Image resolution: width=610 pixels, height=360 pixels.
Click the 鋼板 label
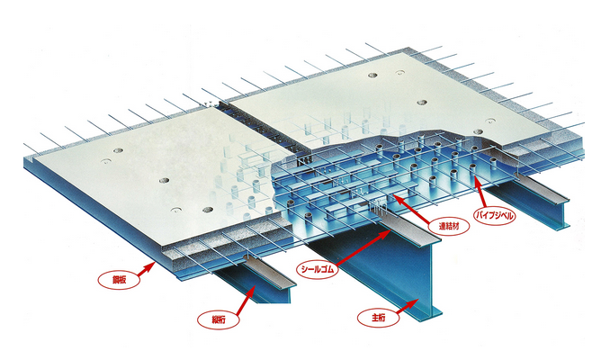pos(119,279)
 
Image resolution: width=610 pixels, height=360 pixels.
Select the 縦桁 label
pos(219,319)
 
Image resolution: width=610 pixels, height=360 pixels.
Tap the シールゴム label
pos(317,269)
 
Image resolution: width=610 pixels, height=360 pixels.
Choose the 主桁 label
pos(378,318)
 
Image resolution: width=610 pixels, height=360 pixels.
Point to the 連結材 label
pos(449,226)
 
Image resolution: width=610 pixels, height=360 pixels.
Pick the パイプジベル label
pos(495,215)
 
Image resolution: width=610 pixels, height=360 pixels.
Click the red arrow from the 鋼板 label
pos(147,269)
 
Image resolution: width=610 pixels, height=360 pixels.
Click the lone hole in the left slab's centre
pos(164,181)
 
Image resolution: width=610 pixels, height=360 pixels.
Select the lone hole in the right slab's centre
pos(422,103)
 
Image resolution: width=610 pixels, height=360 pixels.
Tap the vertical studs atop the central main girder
pos(377,206)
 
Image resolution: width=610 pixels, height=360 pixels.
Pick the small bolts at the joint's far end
pos(209,104)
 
